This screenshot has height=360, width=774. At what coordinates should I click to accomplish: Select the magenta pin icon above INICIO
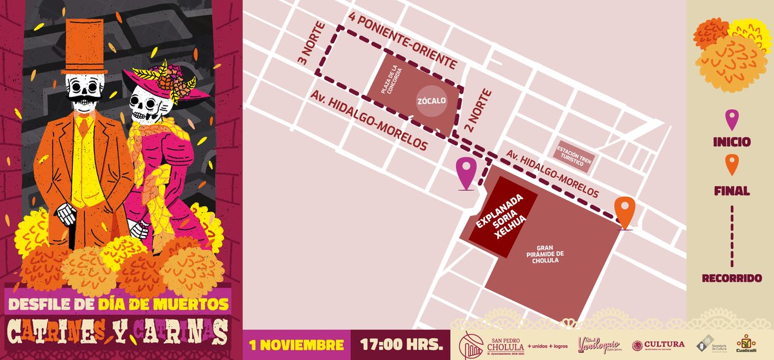click(x=731, y=119)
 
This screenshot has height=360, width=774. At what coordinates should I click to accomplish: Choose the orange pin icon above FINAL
click(x=731, y=166)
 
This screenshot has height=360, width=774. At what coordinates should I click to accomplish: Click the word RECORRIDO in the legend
click(x=731, y=278)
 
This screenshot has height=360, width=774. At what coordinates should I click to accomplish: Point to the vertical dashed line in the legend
click(x=731, y=236)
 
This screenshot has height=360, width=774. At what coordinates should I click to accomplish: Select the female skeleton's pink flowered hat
click(x=164, y=80)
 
